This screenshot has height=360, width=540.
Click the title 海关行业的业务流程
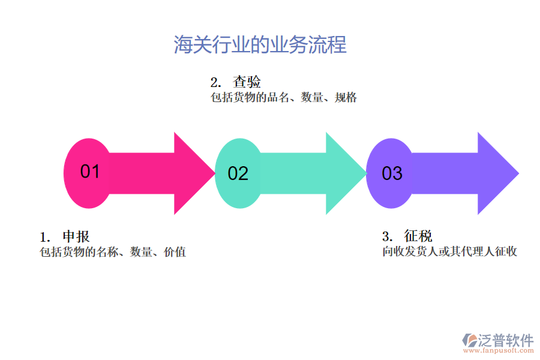pyautogui.click(x=260, y=45)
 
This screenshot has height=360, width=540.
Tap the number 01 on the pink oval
pyautogui.click(x=90, y=172)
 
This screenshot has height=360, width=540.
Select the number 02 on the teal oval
pyautogui.click(x=238, y=174)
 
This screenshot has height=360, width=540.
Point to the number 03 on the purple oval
pyautogui.click(x=392, y=174)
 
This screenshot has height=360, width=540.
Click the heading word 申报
pyautogui.click(x=76, y=236)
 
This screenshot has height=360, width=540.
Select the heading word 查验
pyautogui.click(x=247, y=82)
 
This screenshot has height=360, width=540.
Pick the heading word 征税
pyautogui.click(x=418, y=236)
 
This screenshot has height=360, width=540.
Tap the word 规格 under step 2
pyautogui.click(x=346, y=98)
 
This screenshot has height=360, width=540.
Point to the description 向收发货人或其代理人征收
pyautogui.click(x=450, y=252)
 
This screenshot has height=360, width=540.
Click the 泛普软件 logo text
pyautogui.click(x=505, y=340)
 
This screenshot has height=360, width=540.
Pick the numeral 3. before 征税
pyautogui.click(x=387, y=236)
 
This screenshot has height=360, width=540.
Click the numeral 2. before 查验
pyautogui.click(x=215, y=83)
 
